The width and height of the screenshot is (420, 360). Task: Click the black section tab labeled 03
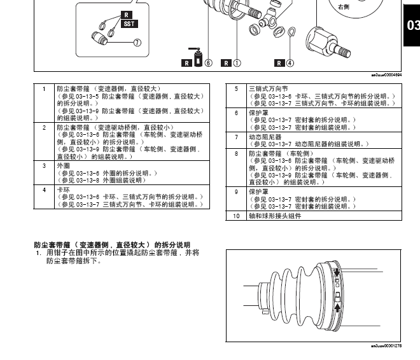point(412,25)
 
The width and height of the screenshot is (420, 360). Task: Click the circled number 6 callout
point(207,62)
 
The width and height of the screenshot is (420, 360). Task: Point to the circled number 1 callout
point(237,62)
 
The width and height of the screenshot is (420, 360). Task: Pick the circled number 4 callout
point(290,62)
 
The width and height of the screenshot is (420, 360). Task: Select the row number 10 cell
point(236,216)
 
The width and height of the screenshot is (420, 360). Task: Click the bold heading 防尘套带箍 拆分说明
point(111,244)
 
